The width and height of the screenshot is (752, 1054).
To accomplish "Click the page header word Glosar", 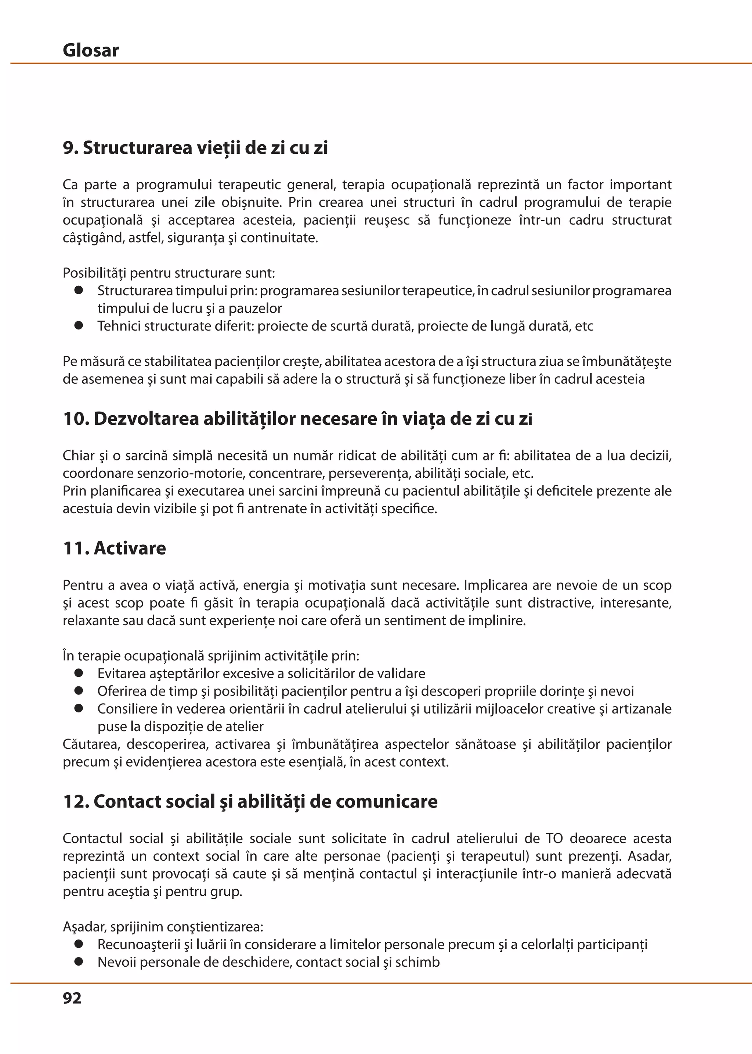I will click(91, 50).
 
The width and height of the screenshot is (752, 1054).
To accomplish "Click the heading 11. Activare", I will click(114, 548).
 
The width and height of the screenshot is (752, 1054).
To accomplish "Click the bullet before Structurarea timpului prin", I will click(79, 290).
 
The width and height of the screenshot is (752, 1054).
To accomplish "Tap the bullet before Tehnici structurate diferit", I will click(79, 326).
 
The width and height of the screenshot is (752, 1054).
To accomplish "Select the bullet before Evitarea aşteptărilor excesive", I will click(79, 673).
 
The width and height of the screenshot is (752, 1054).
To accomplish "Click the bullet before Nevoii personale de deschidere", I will click(79, 962).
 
